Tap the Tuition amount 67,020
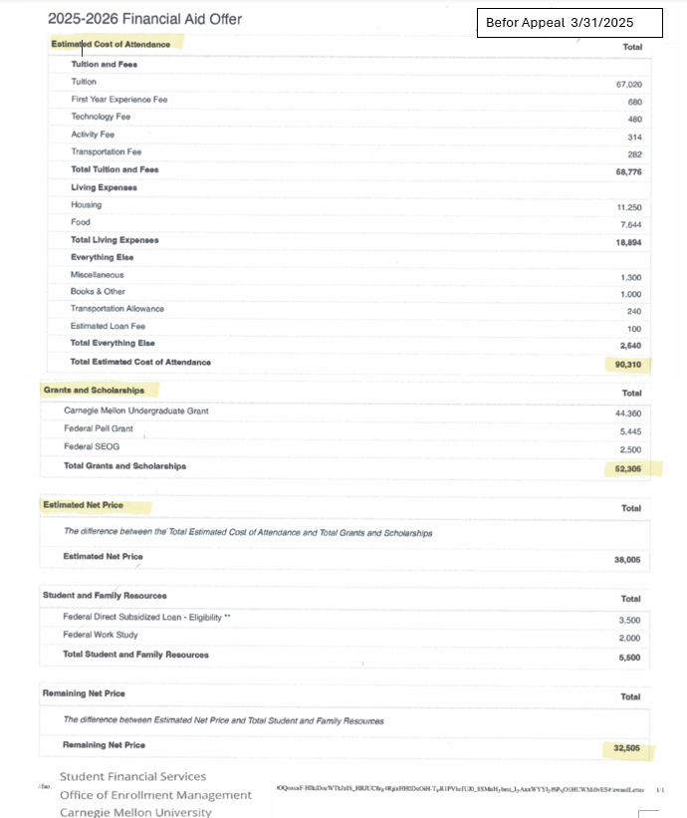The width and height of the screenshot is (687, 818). [x=628, y=84]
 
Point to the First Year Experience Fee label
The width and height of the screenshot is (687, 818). [x=119, y=100]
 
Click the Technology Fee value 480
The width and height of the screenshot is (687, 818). [x=633, y=119]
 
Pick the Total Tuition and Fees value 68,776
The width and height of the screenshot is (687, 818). [x=628, y=171]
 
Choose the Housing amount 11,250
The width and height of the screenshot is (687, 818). [x=628, y=207]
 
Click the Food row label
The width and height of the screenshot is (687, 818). [x=81, y=222]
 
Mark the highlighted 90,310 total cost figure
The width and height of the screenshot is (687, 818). [x=628, y=365]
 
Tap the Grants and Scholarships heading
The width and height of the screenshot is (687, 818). [x=94, y=390]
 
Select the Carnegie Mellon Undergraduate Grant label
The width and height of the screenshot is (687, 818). [x=136, y=410]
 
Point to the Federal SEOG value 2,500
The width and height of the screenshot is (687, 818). [x=630, y=448]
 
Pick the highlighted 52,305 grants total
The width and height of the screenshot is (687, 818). [x=628, y=467]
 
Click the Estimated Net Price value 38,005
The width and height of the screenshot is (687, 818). [x=628, y=560]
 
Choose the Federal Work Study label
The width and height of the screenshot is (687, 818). [x=101, y=635]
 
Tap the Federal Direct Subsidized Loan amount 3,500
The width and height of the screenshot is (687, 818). [x=630, y=619]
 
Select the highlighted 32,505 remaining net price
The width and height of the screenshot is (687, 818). [x=628, y=747]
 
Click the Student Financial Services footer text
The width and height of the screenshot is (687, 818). [x=133, y=776]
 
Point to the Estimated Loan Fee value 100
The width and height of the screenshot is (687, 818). [x=634, y=329]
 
